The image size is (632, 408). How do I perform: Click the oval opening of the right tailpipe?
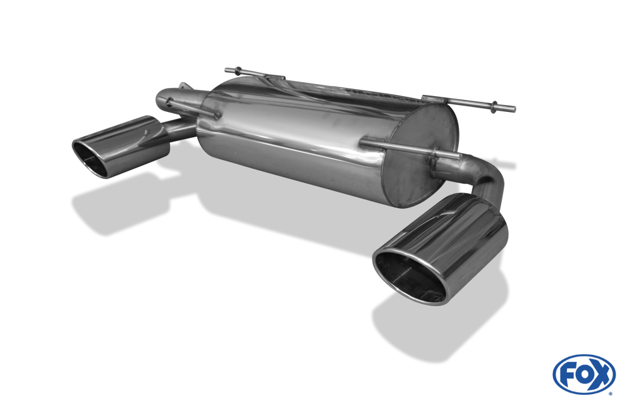[x=410, y=277]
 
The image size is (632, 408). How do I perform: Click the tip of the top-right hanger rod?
[x=514, y=109]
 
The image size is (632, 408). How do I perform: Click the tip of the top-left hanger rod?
[x=226, y=70]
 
